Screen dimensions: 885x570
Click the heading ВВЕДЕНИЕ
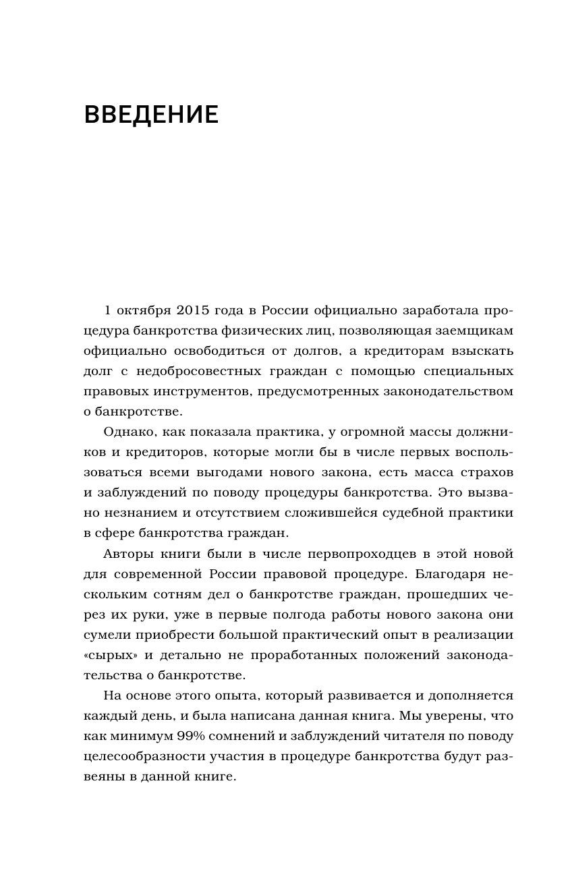click(x=151, y=114)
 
